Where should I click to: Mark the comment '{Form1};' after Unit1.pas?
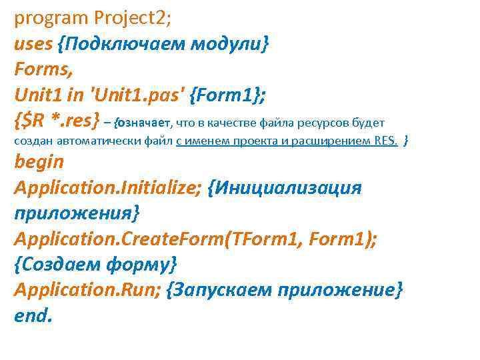point(227,95)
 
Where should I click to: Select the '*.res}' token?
point(77,121)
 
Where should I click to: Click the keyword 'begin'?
point(39,162)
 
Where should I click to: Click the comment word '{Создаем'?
point(56,264)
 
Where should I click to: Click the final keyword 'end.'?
point(32,315)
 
